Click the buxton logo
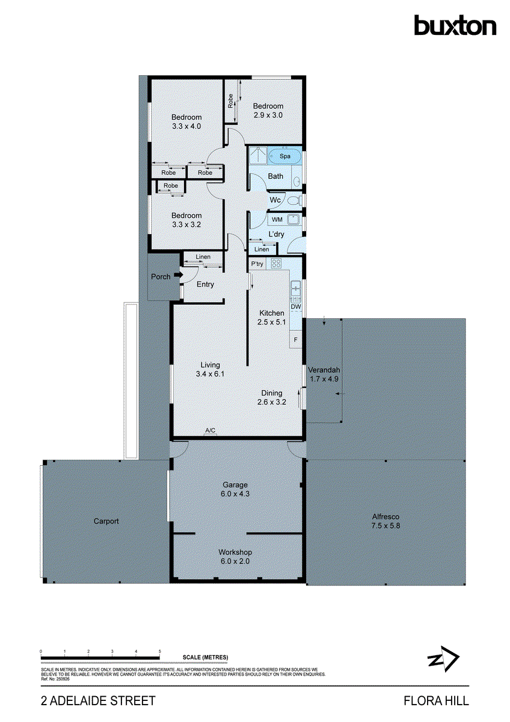[x=455, y=26]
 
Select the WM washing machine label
[x=277, y=220]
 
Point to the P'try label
[x=257, y=264]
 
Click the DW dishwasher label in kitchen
[x=295, y=306]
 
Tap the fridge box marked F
[x=296, y=340]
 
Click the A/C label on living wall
[x=210, y=431]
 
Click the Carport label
[x=106, y=521]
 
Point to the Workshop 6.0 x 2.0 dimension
[x=235, y=561]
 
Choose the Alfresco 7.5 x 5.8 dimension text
[x=386, y=525]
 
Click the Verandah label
[x=324, y=369]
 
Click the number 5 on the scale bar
[x=160, y=652]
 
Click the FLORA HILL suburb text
[x=436, y=701]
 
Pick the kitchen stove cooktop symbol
[x=277, y=263]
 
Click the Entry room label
[x=205, y=285]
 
